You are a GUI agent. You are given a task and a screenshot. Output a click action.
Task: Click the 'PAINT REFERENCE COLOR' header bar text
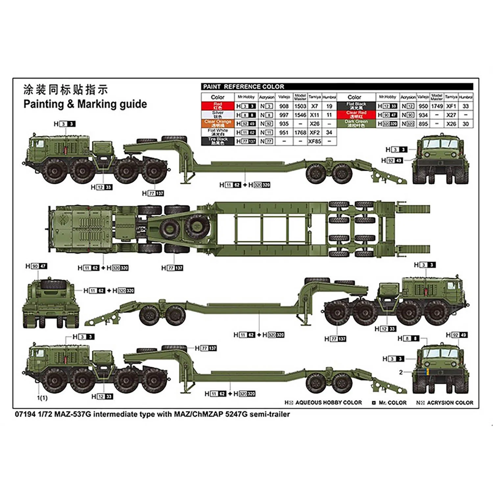[244, 87]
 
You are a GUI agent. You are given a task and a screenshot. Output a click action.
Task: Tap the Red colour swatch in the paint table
[218, 106]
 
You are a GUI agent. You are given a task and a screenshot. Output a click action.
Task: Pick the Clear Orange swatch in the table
[218, 124]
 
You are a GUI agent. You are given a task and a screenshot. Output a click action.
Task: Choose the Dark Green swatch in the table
[356, 124]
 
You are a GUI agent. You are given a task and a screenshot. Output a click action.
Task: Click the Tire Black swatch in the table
[218, 141]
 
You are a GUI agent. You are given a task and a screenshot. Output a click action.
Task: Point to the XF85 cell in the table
[315, 141]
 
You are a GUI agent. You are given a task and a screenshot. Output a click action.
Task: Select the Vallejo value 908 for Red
[284, 106]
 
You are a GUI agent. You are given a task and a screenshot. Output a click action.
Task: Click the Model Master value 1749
[437, 106]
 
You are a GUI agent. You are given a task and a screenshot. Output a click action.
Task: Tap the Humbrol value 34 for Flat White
[329, 132]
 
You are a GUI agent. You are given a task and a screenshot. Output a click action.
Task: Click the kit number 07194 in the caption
[25, 414]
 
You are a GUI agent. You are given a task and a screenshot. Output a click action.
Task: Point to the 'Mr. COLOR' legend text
[392, 403]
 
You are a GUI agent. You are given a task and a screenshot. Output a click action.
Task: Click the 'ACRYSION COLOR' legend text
[450, 403]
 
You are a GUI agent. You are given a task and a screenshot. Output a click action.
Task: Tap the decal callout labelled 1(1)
[42, 398]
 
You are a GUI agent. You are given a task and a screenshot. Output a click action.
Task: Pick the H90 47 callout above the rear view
[36, 266]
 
